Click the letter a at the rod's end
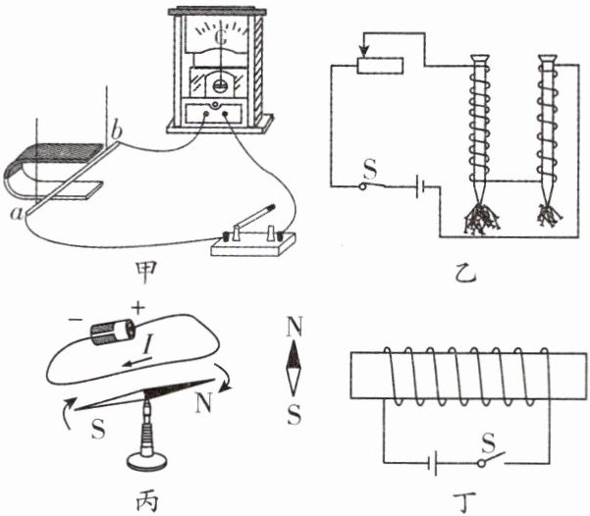[17, 211]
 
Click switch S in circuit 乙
[370, 186]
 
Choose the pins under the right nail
[547, 214]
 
